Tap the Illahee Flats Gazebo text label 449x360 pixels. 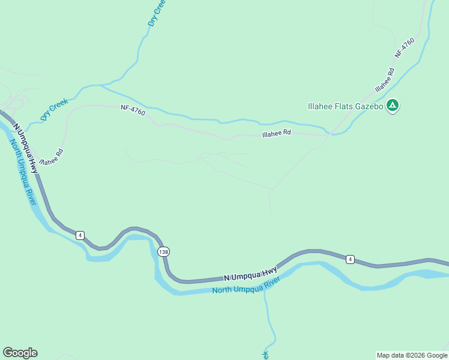click(345, 106)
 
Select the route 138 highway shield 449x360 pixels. click(163, 251)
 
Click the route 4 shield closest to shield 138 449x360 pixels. click(80, 235)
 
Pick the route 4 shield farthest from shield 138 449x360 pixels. click(351, 259)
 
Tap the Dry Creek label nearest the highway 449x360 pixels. click(54, 109)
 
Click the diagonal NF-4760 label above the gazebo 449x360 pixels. click(405, 47)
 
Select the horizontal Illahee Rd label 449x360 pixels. click(276, 134)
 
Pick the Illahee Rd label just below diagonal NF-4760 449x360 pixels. click(384, 80)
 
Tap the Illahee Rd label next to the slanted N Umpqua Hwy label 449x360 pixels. click(51, 157)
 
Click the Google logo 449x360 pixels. click(20, 353)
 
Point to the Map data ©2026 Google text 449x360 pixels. click(411, 355)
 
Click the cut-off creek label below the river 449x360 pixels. click(265, 355)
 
